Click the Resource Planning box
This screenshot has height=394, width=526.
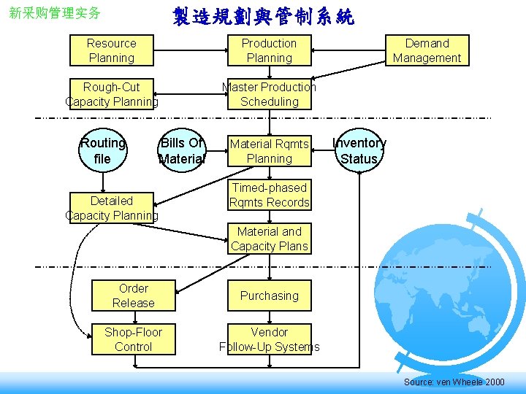click(111, 50)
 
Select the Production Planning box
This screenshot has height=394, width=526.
click(269, 50)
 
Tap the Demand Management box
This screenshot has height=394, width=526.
click(427, 50)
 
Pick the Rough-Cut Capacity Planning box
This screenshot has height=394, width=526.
click(112, 94)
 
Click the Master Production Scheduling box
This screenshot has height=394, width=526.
click(269, 94)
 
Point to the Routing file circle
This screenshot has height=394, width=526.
click(102, 151)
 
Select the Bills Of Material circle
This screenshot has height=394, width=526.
click(182, 151)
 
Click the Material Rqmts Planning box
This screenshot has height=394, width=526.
click(269, 151)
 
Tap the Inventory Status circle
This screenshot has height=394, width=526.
click(359, 151)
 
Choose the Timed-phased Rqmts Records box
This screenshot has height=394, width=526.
click(269, 195)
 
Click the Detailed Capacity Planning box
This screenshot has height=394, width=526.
click(112, 208)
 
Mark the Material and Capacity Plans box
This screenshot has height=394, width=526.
click(269, 239)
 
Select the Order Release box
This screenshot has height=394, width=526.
click(134, 295)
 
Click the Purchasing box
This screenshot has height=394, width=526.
click(269, 295)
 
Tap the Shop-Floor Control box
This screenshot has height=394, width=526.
click(134, 339)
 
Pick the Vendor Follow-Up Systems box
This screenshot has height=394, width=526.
click(269, 339)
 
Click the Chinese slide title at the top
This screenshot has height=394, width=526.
click(263, 16)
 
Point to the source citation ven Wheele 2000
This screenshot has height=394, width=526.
click(454, 382)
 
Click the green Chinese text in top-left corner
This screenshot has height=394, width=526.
click(54, 13)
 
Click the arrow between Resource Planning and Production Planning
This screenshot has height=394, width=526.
click(190, 50)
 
